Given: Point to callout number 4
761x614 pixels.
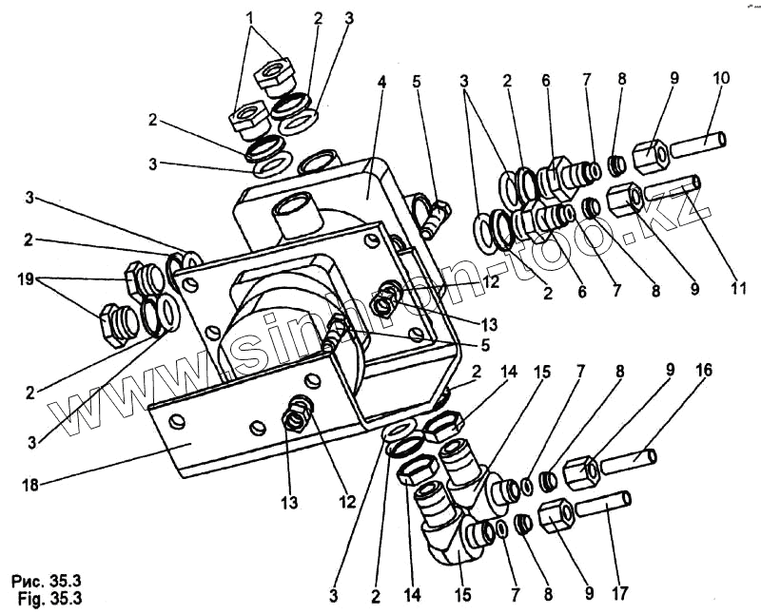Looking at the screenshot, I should click(381, 84).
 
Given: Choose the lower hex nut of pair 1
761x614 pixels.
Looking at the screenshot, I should click(246, 118).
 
